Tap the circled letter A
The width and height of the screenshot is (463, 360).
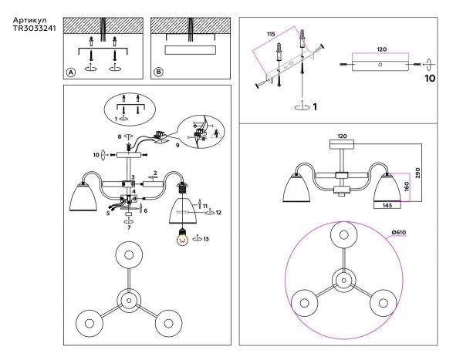coord(71,72)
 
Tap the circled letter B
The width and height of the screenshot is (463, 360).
coord(159,72)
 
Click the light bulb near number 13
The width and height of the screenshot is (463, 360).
coord(183,237)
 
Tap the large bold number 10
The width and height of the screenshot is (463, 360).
coord(430,78)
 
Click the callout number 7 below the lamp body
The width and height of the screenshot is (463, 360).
coord(128,229)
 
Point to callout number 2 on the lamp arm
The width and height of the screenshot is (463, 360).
coord(154,173)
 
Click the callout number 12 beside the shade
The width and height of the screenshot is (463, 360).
coord(219,211)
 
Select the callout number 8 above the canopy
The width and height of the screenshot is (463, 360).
coord(119,136)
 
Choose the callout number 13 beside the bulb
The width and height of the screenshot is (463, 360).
coord(207,239)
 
